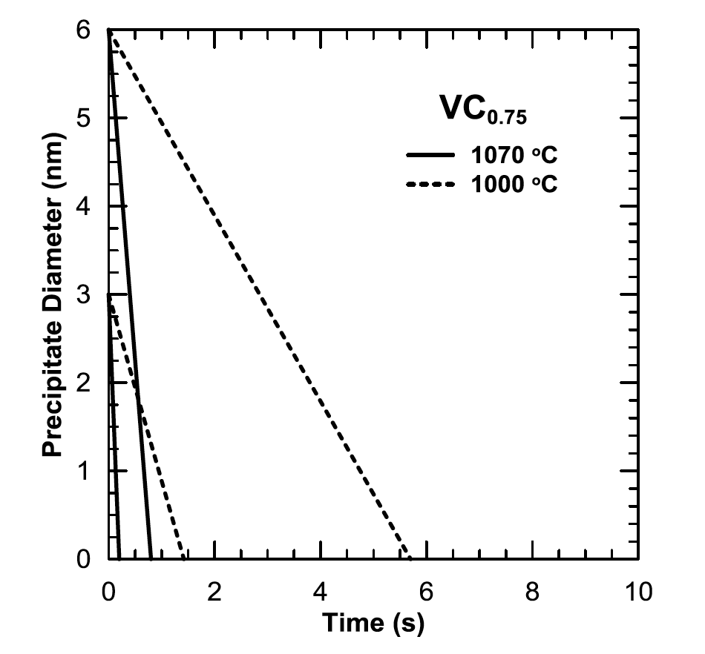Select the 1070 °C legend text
(x=514, y=156)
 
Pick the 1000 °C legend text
(x=514, y=182)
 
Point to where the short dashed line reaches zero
(x=183, y=558)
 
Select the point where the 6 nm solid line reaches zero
(x=151, y=558)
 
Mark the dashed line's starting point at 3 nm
(x=109, y=295)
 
